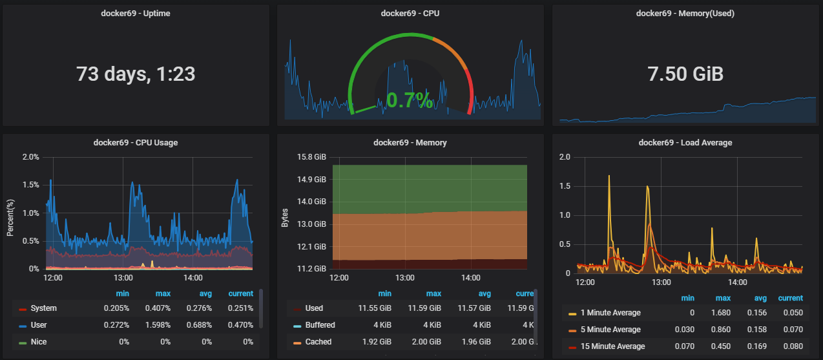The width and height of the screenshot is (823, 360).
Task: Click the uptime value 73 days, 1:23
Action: pyautogui.click(x=136, y=74)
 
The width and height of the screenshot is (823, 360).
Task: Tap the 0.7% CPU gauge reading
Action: pyautogui.click(x=410, y=100)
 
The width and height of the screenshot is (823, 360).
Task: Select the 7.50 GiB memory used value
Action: pyautogui.click(x=685, y=74)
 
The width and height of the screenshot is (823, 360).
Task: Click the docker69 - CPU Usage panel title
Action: pyautogui.click(x=136, y=143)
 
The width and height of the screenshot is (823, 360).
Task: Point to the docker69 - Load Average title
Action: pyautogui.click(x=685, y=143)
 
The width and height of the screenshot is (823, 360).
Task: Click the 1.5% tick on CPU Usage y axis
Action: pyautogui.click(x=31, y=185)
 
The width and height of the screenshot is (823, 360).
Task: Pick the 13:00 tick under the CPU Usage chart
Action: pyautogui.click(x=123, y=278)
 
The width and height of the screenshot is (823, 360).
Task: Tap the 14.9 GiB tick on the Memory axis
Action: pyautogui.click(x=311, y=180)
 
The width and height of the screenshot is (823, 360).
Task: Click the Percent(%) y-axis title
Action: pyautogui.click(x=10, y=218)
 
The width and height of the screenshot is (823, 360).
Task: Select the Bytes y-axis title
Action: pyautogui.click(x=285, y=218)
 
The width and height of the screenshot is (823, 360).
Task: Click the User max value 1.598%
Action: pyautogui.click(x=158, y=325)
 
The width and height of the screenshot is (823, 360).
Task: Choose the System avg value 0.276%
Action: pyautogui.click(x=199, y=308)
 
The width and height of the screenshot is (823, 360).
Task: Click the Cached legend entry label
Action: pyautogui.click(x=318, y=342)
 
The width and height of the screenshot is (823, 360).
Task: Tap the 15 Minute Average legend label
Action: pyautogui.click(x=612, y=346)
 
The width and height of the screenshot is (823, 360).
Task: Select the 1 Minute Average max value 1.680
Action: pyautogui.click(x=721, y=313)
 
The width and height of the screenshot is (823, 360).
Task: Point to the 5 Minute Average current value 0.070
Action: pyautogui.click(x=793, y=330)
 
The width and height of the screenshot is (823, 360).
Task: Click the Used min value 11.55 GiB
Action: pyautogui.click(x=375, y=308)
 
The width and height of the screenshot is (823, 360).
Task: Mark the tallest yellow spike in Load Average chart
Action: pyautogui.click(x=609, y=176)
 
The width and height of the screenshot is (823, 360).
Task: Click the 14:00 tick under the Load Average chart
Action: pyautogui.click(x=737, y=282)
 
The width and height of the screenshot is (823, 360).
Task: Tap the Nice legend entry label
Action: pyautogui.click(x=39, y=342)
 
